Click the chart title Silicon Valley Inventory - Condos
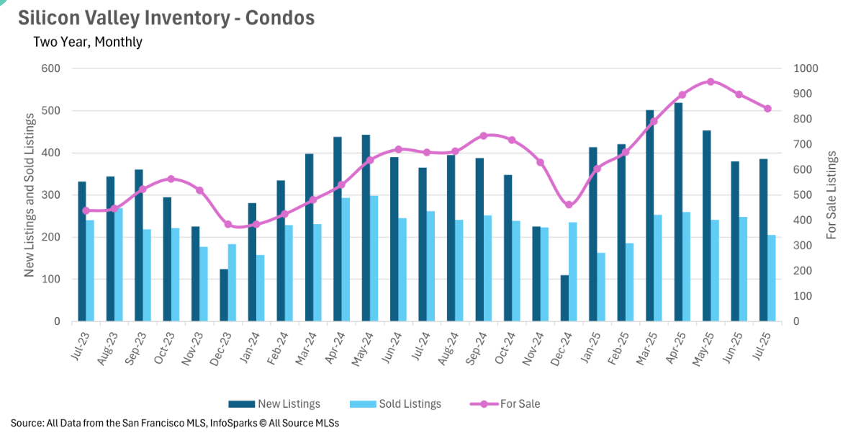[166, 18]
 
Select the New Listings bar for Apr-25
[678, 212]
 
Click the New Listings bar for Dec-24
[564, 298]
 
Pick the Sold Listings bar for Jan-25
[601, 287]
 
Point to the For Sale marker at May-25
[711, 81]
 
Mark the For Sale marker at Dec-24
[569, 205]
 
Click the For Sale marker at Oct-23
[171, 179]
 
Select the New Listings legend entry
[274, 404]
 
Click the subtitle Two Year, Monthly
[88, 42]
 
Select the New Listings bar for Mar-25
[649, 215]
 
